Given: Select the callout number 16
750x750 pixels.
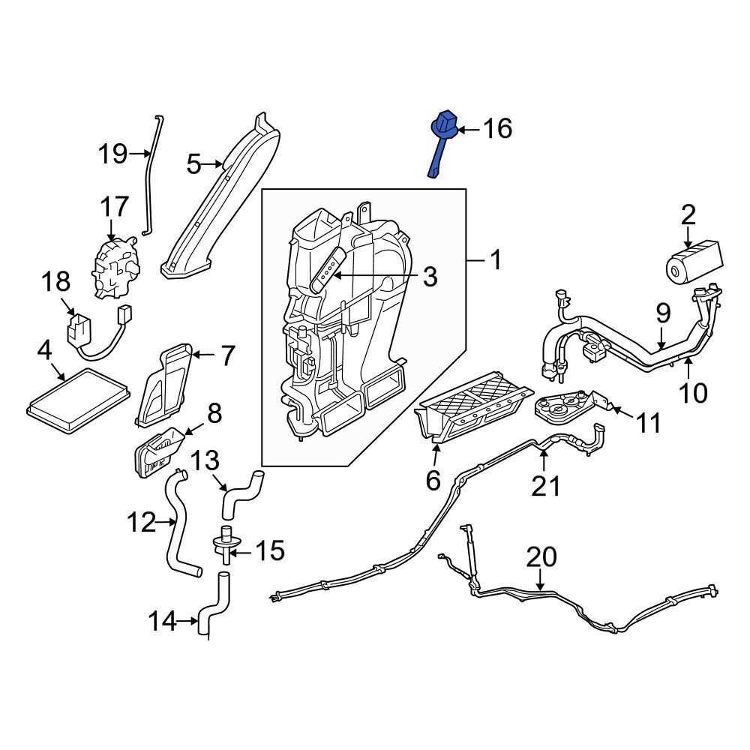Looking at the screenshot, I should click(x=496, y=129).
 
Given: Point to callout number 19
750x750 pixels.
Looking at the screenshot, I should click(x=112, y=154).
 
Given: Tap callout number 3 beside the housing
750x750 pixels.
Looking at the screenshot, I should click(x=428, y=277).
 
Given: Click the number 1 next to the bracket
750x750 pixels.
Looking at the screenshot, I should click(x=495, y=261).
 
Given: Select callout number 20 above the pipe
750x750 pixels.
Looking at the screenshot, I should click(x=541, y=557).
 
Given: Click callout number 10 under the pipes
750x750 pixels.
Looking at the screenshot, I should click(x=694, y=391).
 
